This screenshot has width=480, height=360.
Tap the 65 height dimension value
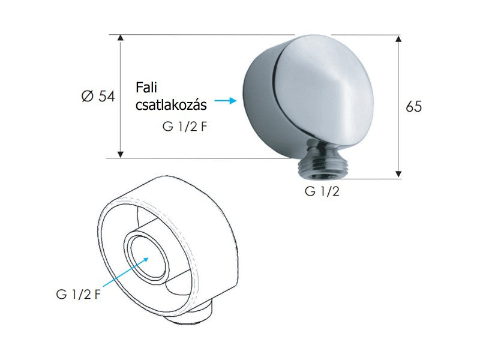click(x=414, y=107)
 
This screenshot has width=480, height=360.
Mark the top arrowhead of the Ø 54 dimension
click(x=121, y=38)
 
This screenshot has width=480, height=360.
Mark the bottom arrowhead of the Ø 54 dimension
click(x=121, y=154)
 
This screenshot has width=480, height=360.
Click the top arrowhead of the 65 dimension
click(x=398, y=38)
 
